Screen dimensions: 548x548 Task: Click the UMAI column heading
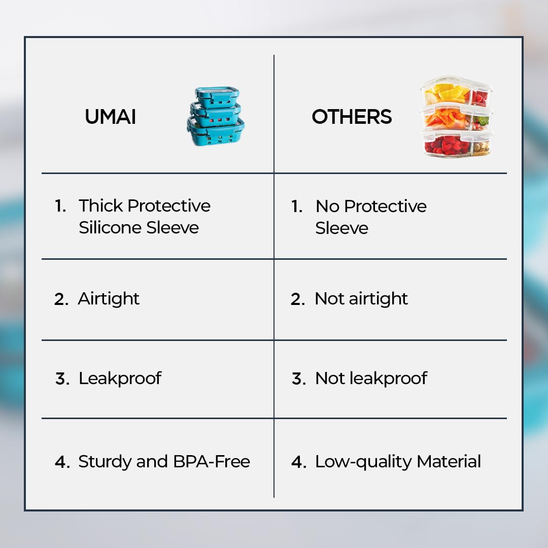110,117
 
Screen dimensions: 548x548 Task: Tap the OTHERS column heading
352,117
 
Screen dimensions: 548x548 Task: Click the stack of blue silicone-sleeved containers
215,116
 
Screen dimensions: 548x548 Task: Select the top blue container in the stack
217,96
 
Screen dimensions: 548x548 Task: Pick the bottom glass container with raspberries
457,144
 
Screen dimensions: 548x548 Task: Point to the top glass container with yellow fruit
456,92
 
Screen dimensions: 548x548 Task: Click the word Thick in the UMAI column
101,205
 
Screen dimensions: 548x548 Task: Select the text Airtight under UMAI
109,299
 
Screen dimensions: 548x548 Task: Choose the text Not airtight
361,299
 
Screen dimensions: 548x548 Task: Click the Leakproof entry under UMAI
120,379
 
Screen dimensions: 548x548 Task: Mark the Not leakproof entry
371,379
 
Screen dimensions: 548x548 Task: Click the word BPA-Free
212,461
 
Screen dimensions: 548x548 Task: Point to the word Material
449,461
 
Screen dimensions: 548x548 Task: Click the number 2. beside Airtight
61,299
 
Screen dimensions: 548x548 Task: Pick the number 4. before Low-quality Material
299,462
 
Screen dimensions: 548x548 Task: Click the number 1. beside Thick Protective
60,205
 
